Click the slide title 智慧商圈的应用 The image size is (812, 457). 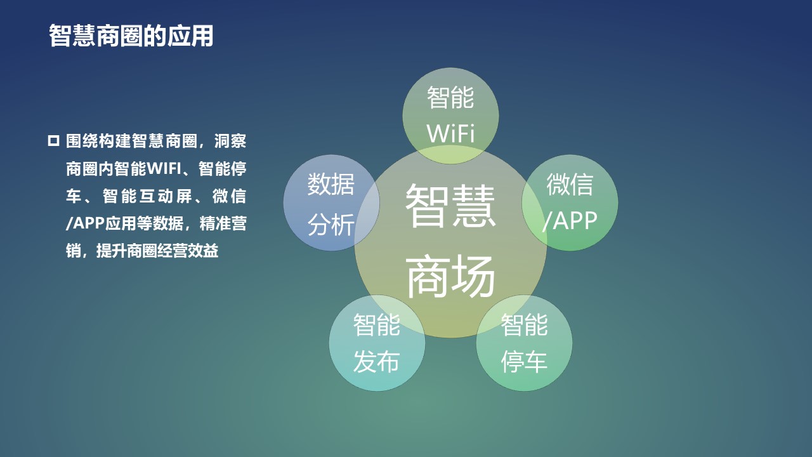(x=131, y=36)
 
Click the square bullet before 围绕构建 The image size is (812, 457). (x=53, y=141)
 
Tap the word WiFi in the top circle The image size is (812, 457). (x=450, y=133)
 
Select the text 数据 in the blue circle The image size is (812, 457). (x=331, y=184)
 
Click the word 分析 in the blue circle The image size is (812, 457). (x=331, y=225)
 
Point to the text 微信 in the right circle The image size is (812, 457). (x=570, y=184)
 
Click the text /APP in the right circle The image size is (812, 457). (x=570, y=220)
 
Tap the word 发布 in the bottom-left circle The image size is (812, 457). (x=377, y=362)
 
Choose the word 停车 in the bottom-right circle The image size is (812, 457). (x=524, y=362)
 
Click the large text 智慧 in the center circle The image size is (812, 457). (x=450, y=206)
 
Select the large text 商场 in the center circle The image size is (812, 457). (x=450, y=276)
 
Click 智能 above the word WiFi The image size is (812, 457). (x=450, y=98)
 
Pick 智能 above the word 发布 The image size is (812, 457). (x=377, y=324)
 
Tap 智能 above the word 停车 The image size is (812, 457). (x=524, y=324)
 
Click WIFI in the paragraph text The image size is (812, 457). (x=164, y=169)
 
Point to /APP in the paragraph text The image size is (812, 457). (x=85, y=223)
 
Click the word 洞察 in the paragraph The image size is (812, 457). (x=230, y=141)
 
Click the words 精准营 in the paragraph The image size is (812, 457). (x=223, y=223)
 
